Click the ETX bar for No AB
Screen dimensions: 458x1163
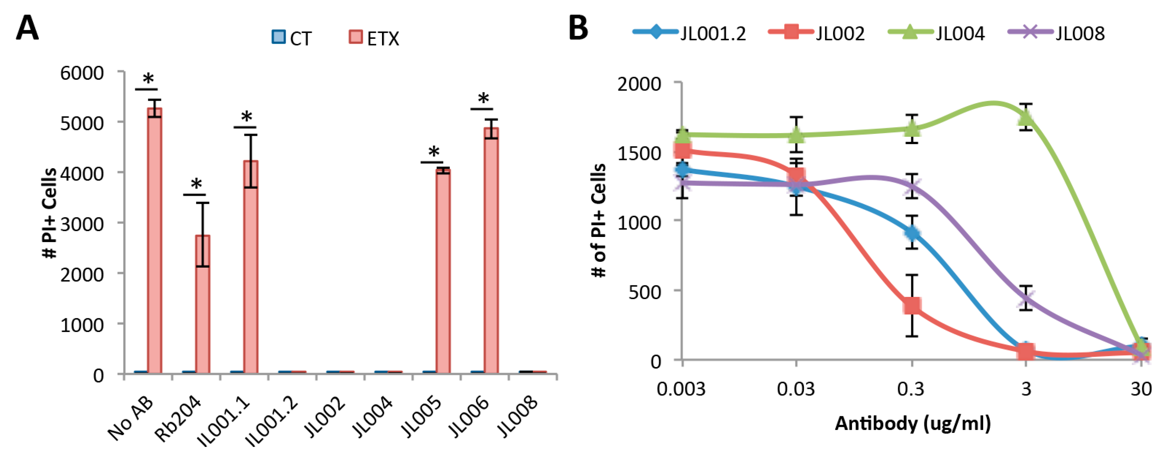pyautogui.click(x=154, y=240)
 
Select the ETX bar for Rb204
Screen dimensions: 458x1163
pyautogui.click(x=202, y=303)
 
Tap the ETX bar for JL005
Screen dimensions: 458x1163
pyautogui.click(x=443, y=271)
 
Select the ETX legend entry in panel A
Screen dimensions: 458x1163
pyautogui.click(x=374, y=38)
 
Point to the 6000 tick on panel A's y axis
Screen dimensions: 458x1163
pyautogui.click(x=82, y=73)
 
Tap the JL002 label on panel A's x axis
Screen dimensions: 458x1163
pyautogui.click(x=325, y=417)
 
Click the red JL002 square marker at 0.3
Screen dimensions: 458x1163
pyautogui.click(x=912, y=306)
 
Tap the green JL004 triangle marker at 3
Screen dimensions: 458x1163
pyautogui.click(x=1026, y=116)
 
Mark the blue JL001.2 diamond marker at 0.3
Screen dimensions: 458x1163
pyautogui.click(x=912, y=233)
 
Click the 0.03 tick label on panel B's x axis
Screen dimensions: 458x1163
pyautogui.click(x=796, y=389)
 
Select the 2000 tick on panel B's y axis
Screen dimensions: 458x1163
pyautogui.click(x=639, y=84)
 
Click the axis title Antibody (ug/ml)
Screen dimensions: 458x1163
pyautogui.click(x=913, y=424)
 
